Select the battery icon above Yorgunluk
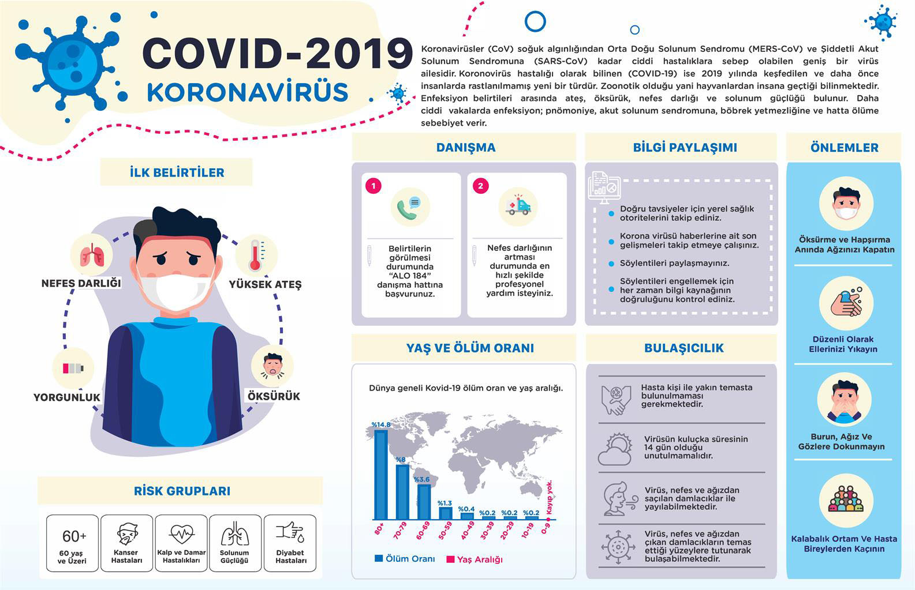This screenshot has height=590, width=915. (73, 368)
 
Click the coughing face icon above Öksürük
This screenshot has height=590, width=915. (272, 366)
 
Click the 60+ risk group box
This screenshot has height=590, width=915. (73, 543)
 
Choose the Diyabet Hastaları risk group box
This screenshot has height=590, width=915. (290, 543)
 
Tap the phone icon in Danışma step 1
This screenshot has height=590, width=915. (410, 207)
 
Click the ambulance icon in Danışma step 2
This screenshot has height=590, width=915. (517, 206)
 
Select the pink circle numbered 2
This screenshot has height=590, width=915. (480, 186)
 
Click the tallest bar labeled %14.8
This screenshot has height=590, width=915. (381, 474)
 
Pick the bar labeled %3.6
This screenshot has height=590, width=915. (424, 502)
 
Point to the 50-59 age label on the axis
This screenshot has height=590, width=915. (445, 531)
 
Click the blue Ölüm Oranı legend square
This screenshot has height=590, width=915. (379, 558)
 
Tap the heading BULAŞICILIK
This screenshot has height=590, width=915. (684, 348)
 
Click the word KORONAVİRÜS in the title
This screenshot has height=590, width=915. (248, 93)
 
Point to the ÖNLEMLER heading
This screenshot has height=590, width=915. (844, 148)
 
